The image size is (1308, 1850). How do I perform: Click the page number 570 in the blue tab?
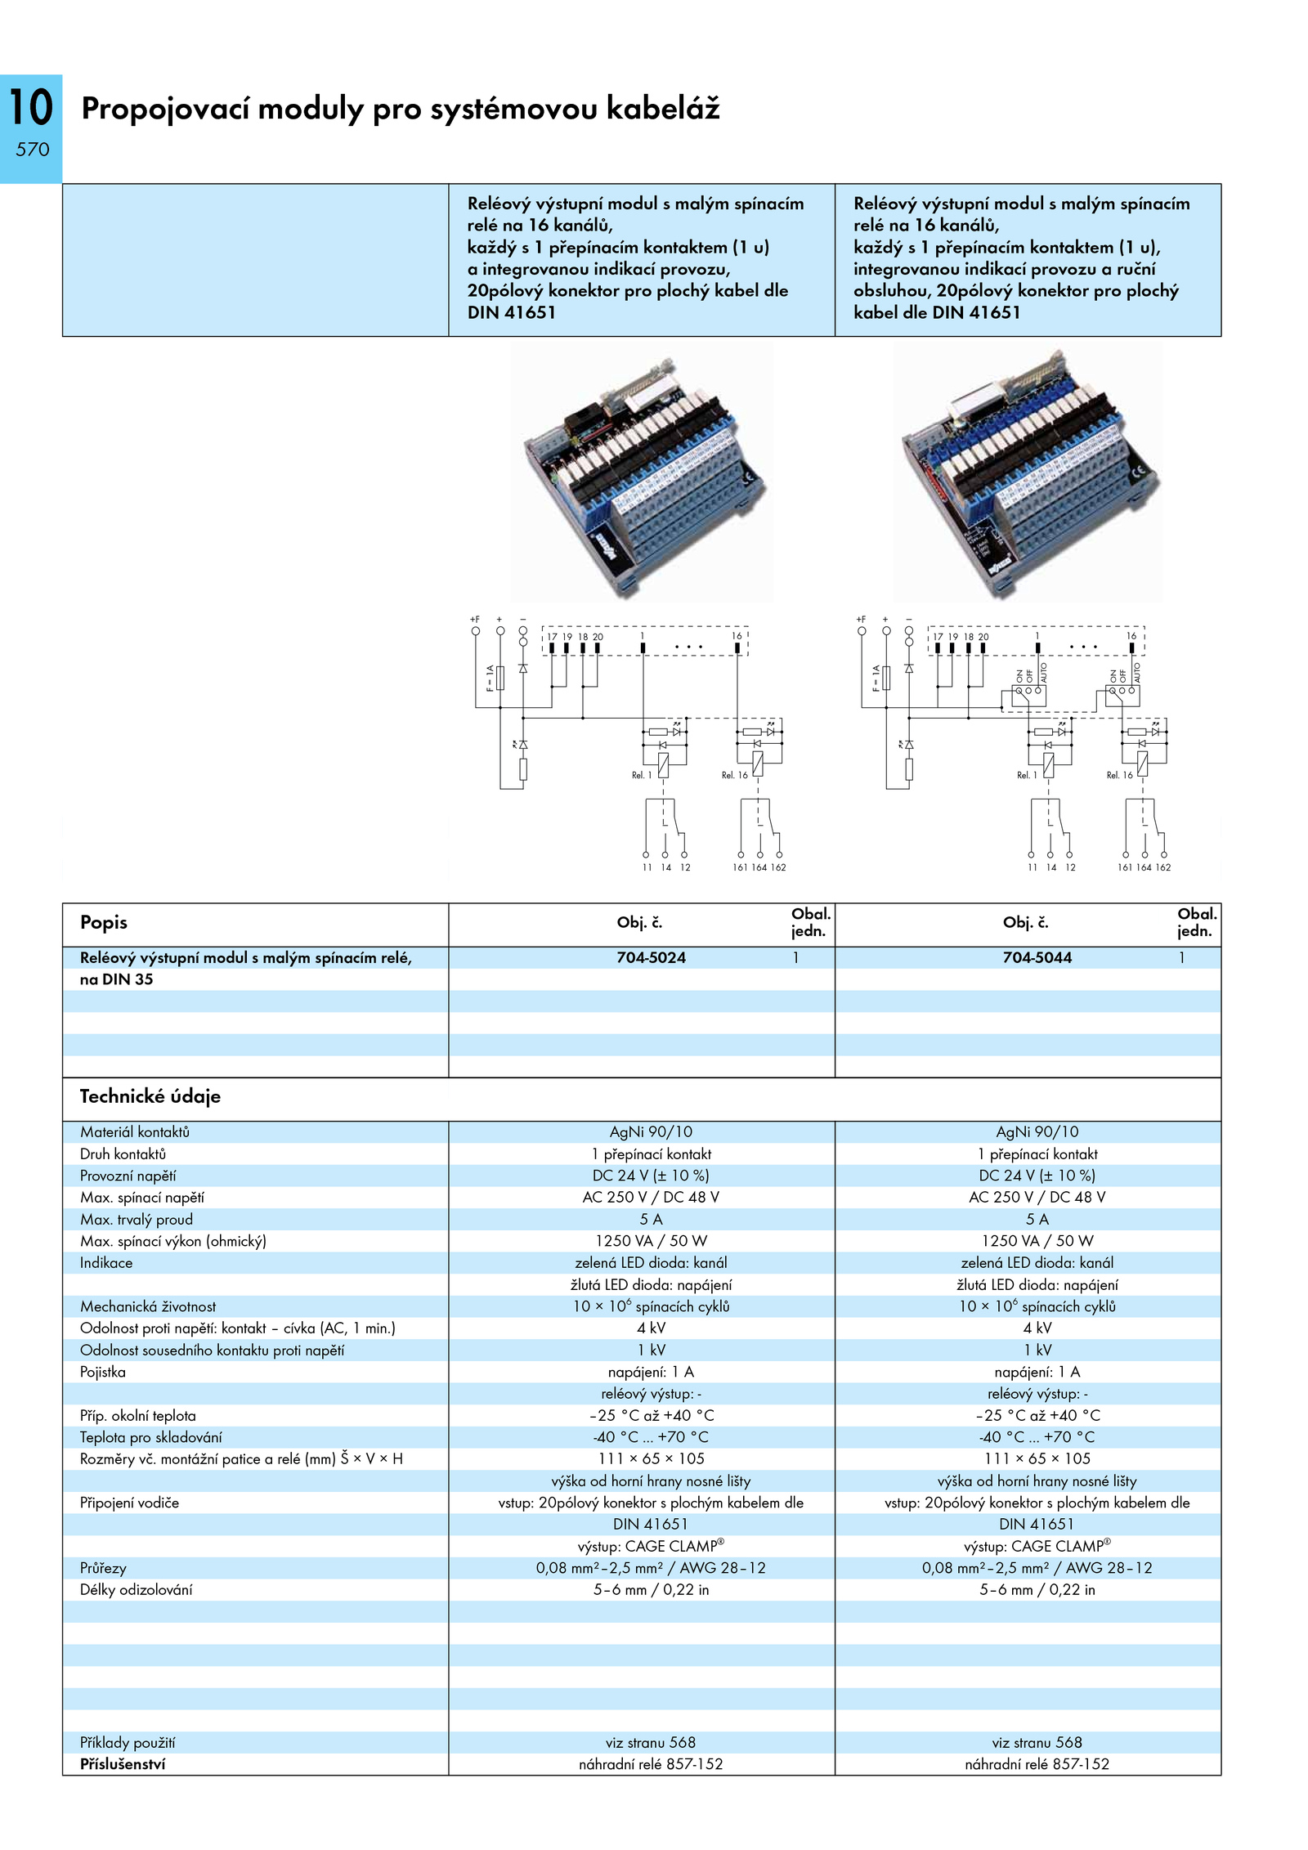[33, 150]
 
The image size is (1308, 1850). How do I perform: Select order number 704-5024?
[651, 957]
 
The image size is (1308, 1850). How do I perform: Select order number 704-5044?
[1037, 957]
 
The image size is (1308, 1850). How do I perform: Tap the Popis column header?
[104, 922]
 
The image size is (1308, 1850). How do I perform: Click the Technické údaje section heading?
[150, 1096]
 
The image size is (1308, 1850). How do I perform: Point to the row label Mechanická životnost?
[148, 1306]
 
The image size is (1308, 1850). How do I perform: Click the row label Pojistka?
[103, 1372]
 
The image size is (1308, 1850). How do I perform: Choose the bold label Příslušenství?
[123, 1764]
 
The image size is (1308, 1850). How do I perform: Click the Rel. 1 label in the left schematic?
[642, 775]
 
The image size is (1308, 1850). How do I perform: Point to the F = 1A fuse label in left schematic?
[490, 678]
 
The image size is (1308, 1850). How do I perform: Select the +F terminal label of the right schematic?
[861, 620]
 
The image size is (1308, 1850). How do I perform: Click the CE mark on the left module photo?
[749, 477]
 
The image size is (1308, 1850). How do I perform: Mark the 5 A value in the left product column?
[651, 1219]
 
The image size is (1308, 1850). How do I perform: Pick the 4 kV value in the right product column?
[1037, 1328]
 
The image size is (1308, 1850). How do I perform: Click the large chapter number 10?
[31, 108]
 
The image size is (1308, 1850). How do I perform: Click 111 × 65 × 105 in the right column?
[1037, 1458]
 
